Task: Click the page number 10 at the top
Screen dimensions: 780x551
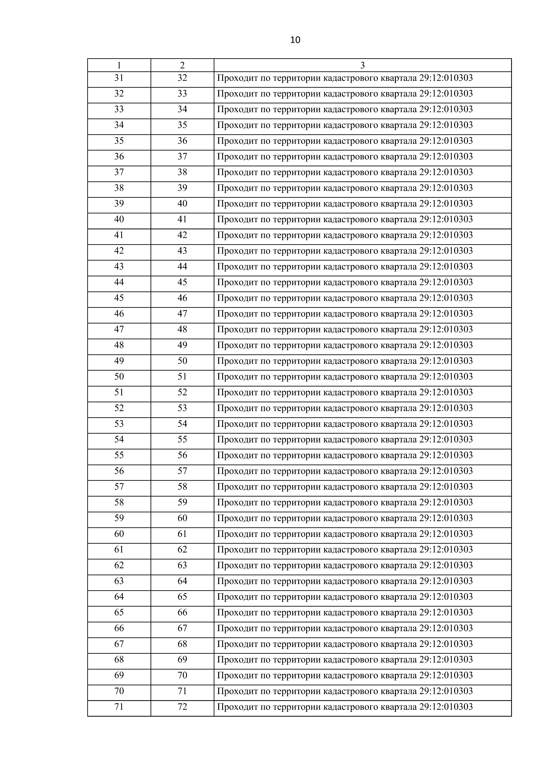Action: pyautogui.click(x=295, y=40)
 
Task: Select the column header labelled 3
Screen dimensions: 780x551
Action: pyautogui.click(x=362, y=65)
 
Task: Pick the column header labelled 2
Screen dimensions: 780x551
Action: pyautogui.click(x=182, y=65)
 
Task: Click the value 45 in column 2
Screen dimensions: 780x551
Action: pyautogui.click(x=182, y=282)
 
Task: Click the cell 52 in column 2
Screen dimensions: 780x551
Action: pyautogui.click(x=182, y=392)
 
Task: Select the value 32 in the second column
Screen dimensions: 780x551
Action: pyautogui.click(x=182, y=78)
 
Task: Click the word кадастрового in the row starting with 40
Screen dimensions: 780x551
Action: pyautogui.click(x=350, y=219)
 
